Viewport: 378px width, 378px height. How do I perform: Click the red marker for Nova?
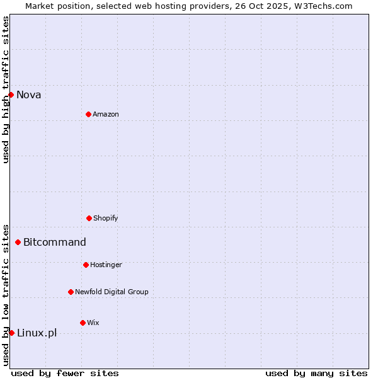pyautogui.click(x=11, y=94)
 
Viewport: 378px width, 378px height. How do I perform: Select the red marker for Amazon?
pyautogui.click(x=88, y=114)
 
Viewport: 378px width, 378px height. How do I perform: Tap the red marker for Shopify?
pyautogui.click(x=89, y=218)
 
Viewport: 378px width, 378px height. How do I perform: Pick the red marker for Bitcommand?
pyautogui.click(x=18, y=242)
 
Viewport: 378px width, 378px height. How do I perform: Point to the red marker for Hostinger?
pyautogui.click(x=86, y=265)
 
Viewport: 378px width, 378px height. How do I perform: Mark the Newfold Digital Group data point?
pyautogui.click(x=71, y=292)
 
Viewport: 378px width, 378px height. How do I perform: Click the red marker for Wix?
pyautogui.click(x=83, y=323)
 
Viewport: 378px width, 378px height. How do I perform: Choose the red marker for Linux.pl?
pyautogui.click(x=11, y=333)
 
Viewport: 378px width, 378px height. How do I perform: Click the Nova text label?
pyautogui.click(x=29, y=95)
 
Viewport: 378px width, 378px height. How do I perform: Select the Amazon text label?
pyautogui.click(x=106, y=115)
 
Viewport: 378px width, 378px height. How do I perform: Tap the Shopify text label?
pyautogui.click(x=106, y=219)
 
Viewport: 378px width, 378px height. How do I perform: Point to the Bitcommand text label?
pyautogui.click(x=55, y=243)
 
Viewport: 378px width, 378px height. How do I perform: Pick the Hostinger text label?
pyautogui.click(x=106, y=265)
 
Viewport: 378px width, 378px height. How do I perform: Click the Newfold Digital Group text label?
pyautogui.click(x=112, y=292)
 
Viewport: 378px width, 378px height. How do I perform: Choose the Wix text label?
pyautogui.click(x=93, y=323)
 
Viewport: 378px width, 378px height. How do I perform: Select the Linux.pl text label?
pyautogui.click(x=37, y=333)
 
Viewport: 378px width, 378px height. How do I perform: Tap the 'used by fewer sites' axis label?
pyautogui.click(x=65, y=373)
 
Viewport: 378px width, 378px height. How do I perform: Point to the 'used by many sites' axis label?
pyautogui.click(x=316, y=373)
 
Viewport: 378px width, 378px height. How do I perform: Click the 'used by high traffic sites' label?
pyautogui.click(x=6, y=89)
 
